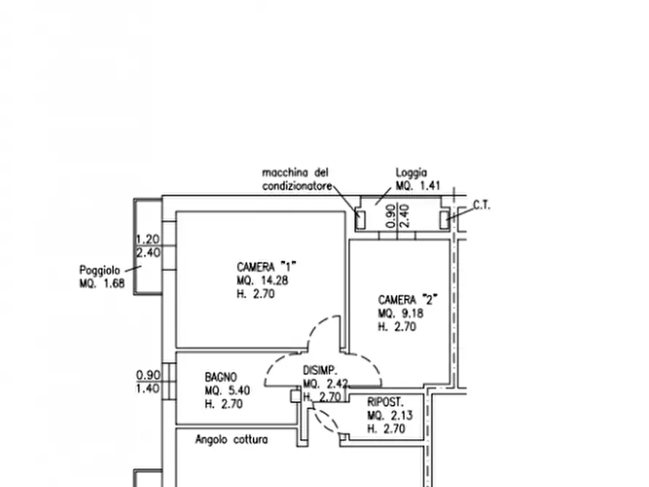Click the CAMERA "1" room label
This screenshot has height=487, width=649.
click(x=267, y=266)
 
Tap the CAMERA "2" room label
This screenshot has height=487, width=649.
click(x=408, y=299)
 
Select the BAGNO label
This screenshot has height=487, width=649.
click(x=221, y=377)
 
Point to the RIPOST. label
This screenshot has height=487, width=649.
click(x=385, y=402)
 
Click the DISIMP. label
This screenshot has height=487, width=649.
click(x=320, y=370)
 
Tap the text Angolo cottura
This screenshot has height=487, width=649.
click(x=231, y=439)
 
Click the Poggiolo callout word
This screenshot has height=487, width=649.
click(x=100, y=270)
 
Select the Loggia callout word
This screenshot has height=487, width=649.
click(x=411, y=173)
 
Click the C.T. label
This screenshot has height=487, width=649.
click(x=481, y=205)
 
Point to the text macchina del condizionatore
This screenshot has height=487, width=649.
click(x=297, y=180)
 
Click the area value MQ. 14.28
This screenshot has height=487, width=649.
click(x=262, y=281)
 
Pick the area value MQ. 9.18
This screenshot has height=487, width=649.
click(x=400, y=313)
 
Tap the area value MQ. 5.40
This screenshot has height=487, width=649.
click(x=227, y=390)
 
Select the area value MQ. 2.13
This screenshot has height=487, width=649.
click(x=390, y=415)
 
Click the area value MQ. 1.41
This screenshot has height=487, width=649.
click(x=418, y=186)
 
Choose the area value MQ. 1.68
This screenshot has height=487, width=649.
click(x=102, y=283)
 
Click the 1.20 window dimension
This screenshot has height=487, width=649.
click(x=148, y=239)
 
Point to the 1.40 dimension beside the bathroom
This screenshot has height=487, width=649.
click(x=148, y=388)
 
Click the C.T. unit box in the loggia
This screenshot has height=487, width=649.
click(x=445, y=220)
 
